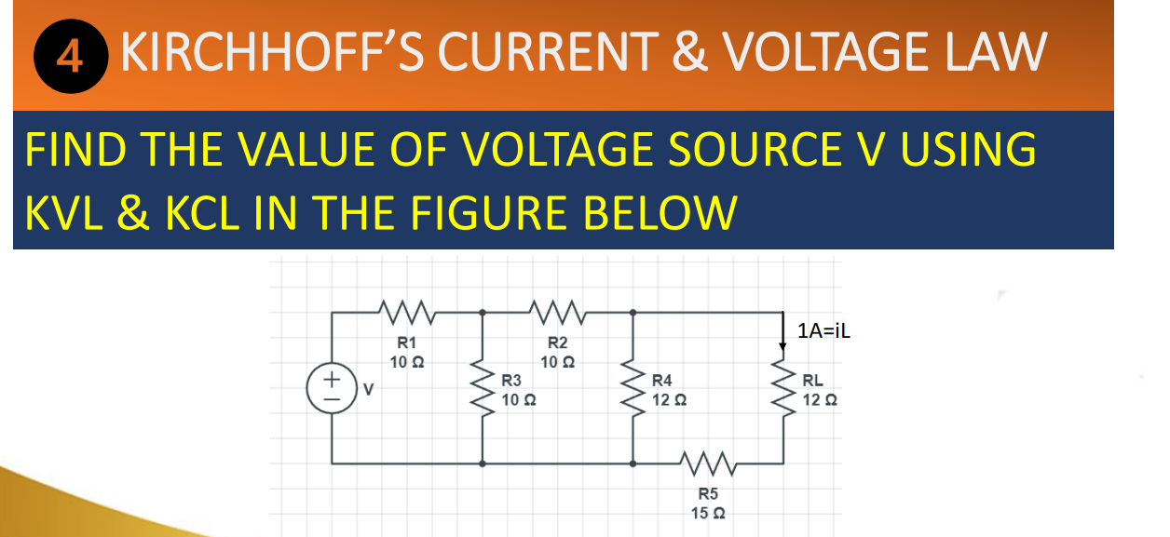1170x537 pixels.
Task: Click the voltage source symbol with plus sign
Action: (x=331, y=386)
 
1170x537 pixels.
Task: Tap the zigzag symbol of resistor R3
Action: (x=483, y=387)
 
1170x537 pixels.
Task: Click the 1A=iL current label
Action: (x=824, y=330)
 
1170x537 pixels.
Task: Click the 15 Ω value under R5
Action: (x=708, y=512)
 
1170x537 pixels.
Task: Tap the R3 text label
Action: (x=511, y=381)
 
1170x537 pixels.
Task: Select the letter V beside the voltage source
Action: (x=367, y=388)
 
